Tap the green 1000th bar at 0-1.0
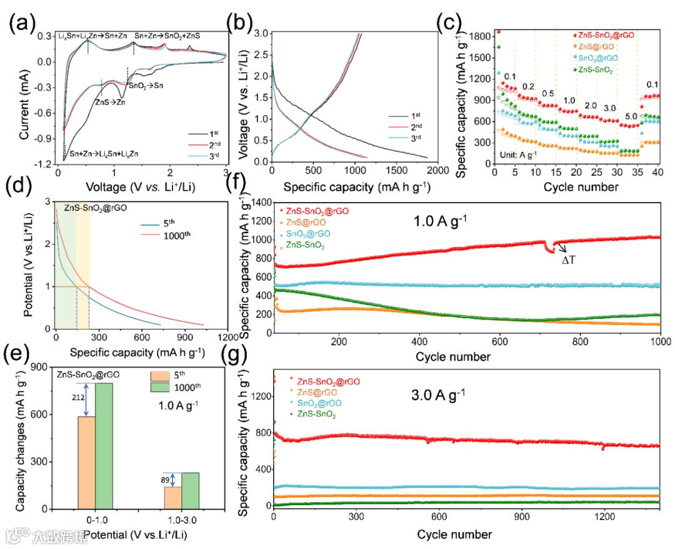[x=104, y=446]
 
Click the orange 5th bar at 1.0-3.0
[x=173, y=498]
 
